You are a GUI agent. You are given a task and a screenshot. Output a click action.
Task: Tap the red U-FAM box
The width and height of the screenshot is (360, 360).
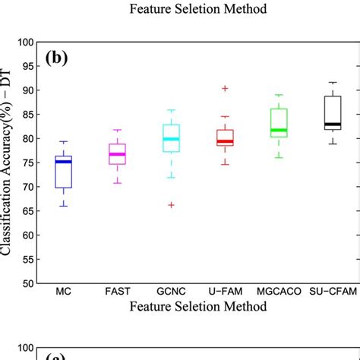coord(226,137)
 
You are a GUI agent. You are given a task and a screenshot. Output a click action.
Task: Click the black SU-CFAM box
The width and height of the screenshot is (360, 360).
coord(332,112)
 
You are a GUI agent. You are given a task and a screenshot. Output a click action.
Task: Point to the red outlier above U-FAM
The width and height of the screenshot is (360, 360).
coord(226,89)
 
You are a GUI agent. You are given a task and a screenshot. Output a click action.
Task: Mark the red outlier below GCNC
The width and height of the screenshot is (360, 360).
coord(172,205)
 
